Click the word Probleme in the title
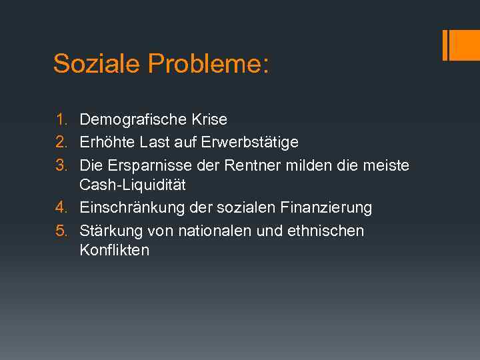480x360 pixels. [x=207, y=65]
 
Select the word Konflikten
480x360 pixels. [x=115, y=251]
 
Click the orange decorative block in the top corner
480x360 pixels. [x=461, y=45]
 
